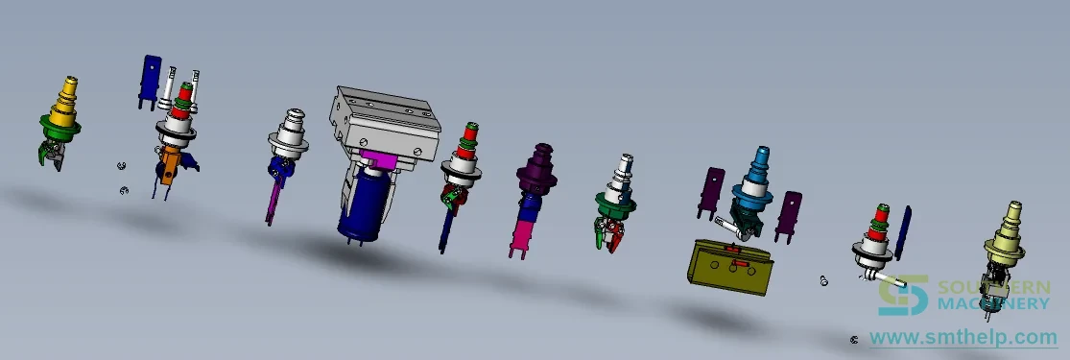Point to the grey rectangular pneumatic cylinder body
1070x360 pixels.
(385, 122)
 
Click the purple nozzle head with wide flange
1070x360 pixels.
(538, 168)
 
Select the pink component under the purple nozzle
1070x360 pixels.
(522, 236)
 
